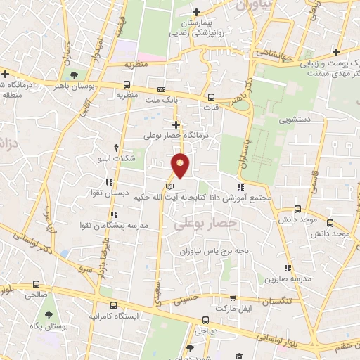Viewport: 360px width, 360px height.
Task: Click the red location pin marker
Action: coord(181,165)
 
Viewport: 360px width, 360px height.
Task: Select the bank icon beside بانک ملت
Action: coord(161,90)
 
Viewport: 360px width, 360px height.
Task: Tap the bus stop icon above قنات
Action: coord(212,98)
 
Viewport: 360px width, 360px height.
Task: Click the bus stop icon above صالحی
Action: coord(36,285)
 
